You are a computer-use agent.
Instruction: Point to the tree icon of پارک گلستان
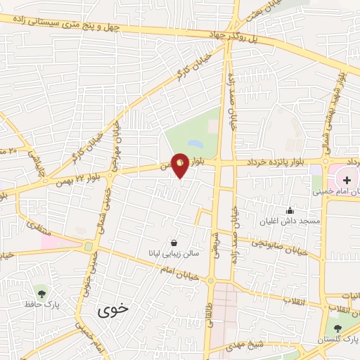click(337, 327)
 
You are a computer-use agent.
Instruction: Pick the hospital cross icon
click(347, 179)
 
